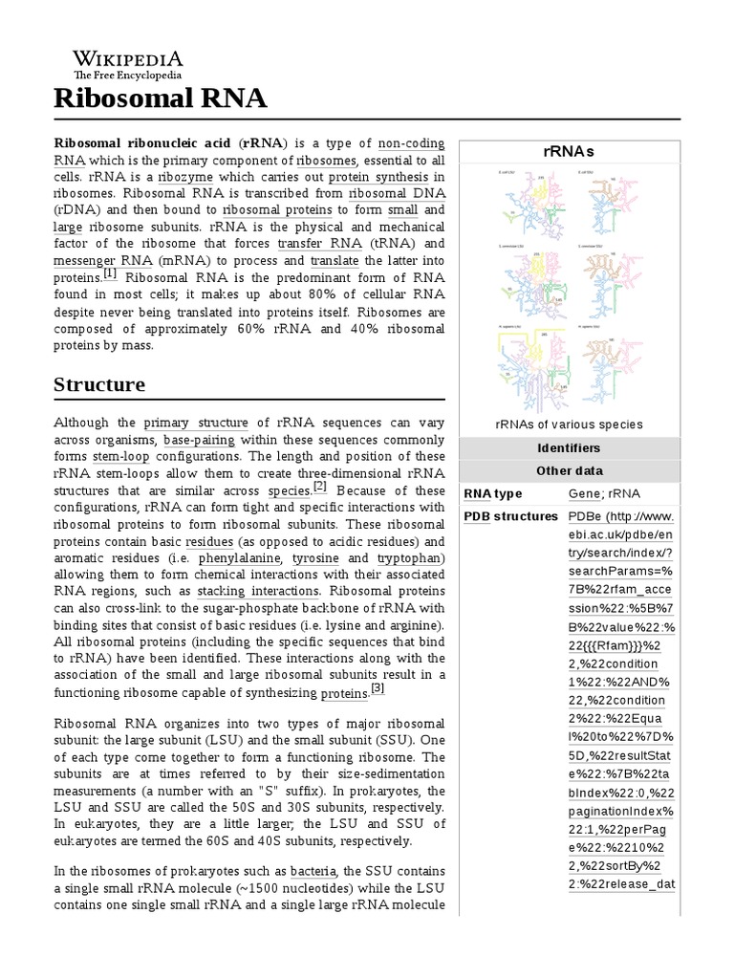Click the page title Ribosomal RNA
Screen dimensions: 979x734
161,98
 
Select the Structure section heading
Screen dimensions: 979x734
99,384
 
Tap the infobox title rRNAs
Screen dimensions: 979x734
569,151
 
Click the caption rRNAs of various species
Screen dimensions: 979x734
569,424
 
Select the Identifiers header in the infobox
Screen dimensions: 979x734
569,447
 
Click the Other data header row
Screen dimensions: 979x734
569,470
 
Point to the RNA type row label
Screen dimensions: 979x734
493,493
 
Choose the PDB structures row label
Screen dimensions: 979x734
510,516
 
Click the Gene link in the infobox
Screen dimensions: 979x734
584,493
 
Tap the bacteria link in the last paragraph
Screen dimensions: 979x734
313,871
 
